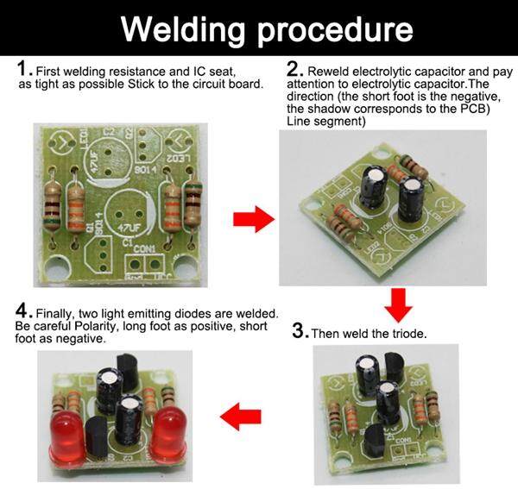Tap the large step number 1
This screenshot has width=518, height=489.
click(23, 69)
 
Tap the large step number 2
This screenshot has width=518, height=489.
click(294, 69)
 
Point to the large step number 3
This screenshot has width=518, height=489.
click(300, 330)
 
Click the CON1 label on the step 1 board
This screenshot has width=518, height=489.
click(144, 249)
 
